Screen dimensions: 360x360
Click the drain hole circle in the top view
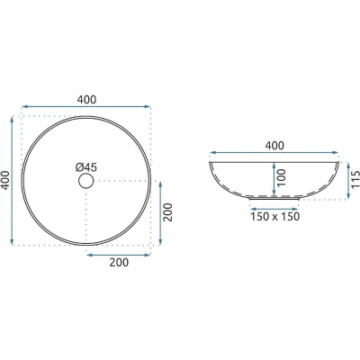[86, 174]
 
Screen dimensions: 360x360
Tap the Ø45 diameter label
[86, 167]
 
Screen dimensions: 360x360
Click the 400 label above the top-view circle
[86, 100]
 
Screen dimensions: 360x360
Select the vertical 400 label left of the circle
[5, 180]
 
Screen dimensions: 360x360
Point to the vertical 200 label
[168, 212]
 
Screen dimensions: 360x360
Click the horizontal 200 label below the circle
[119, 263]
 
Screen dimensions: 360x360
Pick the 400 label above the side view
[274, 146]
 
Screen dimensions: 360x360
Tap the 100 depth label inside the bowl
[282, 177]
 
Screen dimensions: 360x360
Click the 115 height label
[355, 179]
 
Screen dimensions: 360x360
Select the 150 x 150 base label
[275, 216]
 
